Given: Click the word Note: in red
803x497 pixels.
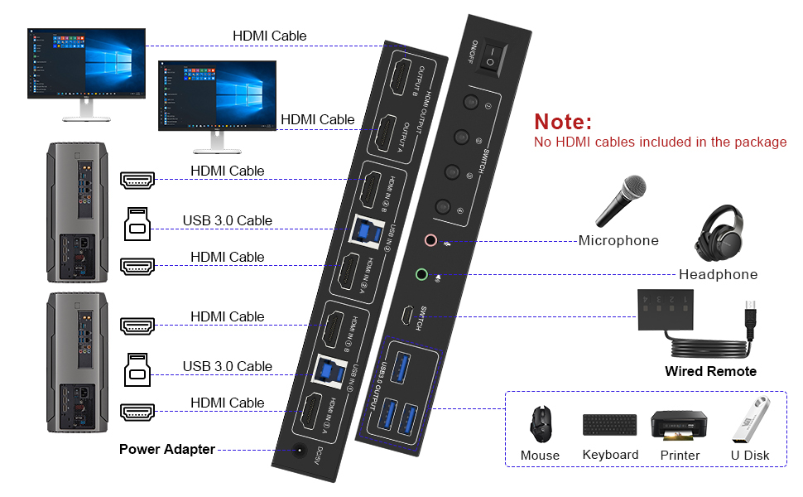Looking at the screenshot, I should coord(563,122).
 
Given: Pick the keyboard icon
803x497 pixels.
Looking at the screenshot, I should coord(610,425).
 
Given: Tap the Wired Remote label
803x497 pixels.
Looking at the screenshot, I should coord(710,371).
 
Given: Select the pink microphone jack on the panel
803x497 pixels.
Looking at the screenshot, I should coord(430,241).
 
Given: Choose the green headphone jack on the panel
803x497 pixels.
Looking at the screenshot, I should coord(421,274).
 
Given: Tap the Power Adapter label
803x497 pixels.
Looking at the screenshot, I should coord(166,449).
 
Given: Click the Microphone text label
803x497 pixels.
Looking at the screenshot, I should coord(618,241).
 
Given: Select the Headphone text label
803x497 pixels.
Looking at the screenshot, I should coord(718,274).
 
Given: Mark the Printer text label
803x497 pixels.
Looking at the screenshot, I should coord(680,456).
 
